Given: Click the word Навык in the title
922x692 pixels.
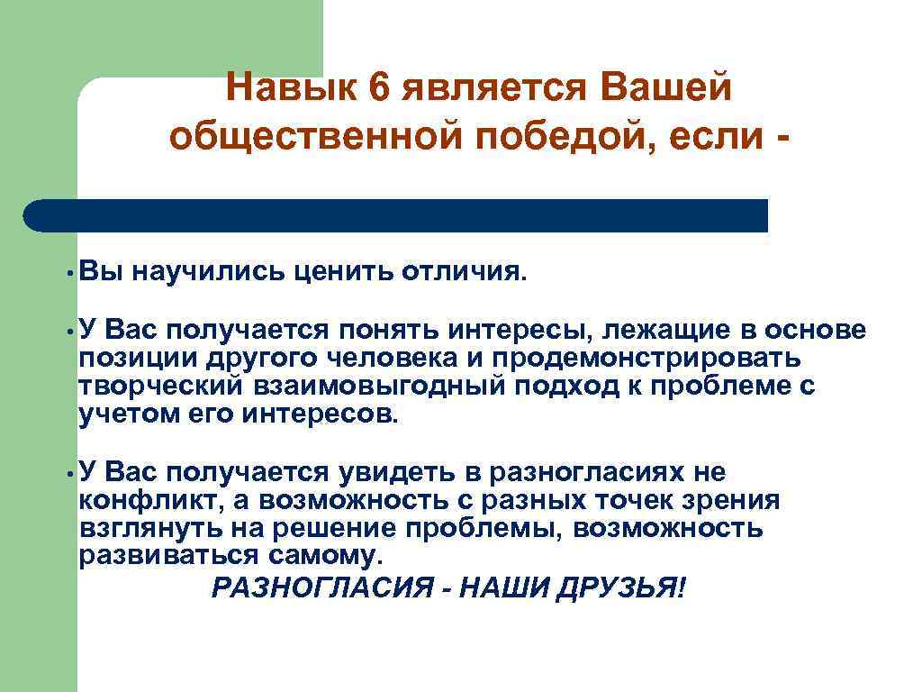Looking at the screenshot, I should coord(289,89).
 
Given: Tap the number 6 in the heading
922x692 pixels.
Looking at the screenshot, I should coord(376,89).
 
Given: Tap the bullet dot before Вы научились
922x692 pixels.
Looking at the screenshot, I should coord(68,271).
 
